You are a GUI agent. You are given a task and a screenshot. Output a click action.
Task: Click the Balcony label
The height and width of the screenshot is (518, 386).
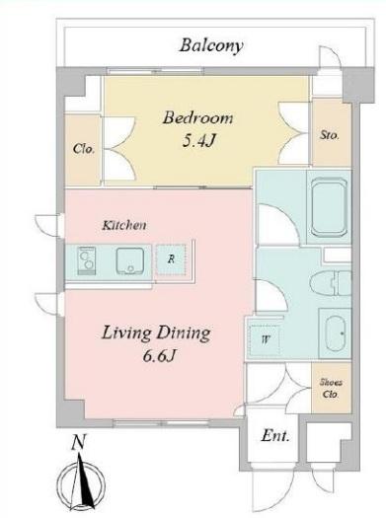point(211,45)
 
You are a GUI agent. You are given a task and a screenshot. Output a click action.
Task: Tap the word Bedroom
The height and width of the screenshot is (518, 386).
point(197,118)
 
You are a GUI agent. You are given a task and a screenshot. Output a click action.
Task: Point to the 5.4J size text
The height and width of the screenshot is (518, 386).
point(199,141)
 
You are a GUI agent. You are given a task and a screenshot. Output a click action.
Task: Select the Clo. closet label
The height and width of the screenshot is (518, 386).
point(84,149)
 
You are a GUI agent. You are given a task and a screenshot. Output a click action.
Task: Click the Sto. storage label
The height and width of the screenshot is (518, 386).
point(330,135)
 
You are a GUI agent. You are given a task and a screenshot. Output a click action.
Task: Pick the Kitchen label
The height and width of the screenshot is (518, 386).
point(124,225)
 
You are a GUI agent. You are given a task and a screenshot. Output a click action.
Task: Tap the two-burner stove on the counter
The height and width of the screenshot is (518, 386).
point(87,260)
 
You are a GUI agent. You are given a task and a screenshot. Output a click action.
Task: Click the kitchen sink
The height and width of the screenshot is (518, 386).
point(130,261)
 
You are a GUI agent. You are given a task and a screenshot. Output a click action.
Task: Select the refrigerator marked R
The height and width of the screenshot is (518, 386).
point(171,259)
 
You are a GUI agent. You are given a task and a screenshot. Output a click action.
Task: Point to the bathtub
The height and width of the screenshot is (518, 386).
point(330,207)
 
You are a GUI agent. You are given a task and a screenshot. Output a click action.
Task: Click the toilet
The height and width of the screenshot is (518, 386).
point(331,283)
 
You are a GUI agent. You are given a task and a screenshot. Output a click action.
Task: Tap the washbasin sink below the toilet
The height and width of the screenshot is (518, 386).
point(335,333)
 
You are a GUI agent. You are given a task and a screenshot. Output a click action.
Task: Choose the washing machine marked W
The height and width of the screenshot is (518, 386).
point(266,339)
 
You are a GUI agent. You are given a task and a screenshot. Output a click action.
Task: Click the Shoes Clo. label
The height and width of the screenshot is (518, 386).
point(331,388)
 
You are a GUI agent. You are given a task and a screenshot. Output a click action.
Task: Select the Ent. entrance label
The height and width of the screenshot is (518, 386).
point(275,436)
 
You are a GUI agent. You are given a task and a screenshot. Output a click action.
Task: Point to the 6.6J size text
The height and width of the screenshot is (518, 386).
point(158,356)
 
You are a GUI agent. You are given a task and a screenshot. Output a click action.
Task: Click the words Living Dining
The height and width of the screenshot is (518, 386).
point(156,333)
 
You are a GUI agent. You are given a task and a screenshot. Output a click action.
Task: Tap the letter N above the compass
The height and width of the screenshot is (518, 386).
point(79,443)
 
